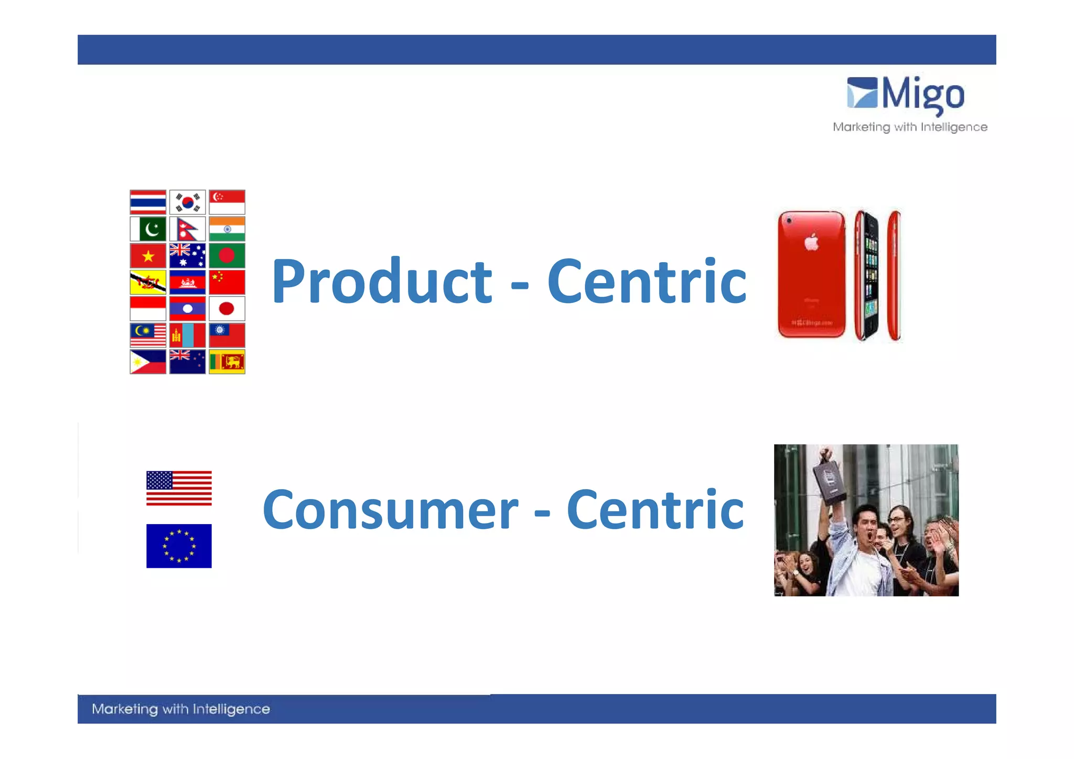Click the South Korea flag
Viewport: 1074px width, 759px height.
tap(187, 202)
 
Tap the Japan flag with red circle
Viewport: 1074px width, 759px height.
tap(227, 309)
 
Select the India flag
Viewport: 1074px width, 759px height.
tap(227, 229)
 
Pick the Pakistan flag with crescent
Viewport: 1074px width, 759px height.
tap(148, 229)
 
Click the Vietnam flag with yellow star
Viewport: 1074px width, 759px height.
tap(148, 256)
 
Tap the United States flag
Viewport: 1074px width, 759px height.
tap(179, 488)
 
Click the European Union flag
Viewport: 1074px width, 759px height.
tap(179, 546)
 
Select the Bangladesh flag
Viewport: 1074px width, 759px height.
tap(227, 256)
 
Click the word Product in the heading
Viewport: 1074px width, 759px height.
tap(381, 281)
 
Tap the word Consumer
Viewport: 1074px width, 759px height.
tap(390, 510)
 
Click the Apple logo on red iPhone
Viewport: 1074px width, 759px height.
tap(811, 242)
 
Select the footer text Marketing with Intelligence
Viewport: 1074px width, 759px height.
tap(180, 709)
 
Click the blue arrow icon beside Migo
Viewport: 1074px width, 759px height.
tap(862, 93)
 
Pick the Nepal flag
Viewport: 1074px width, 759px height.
tap(187, 229)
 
